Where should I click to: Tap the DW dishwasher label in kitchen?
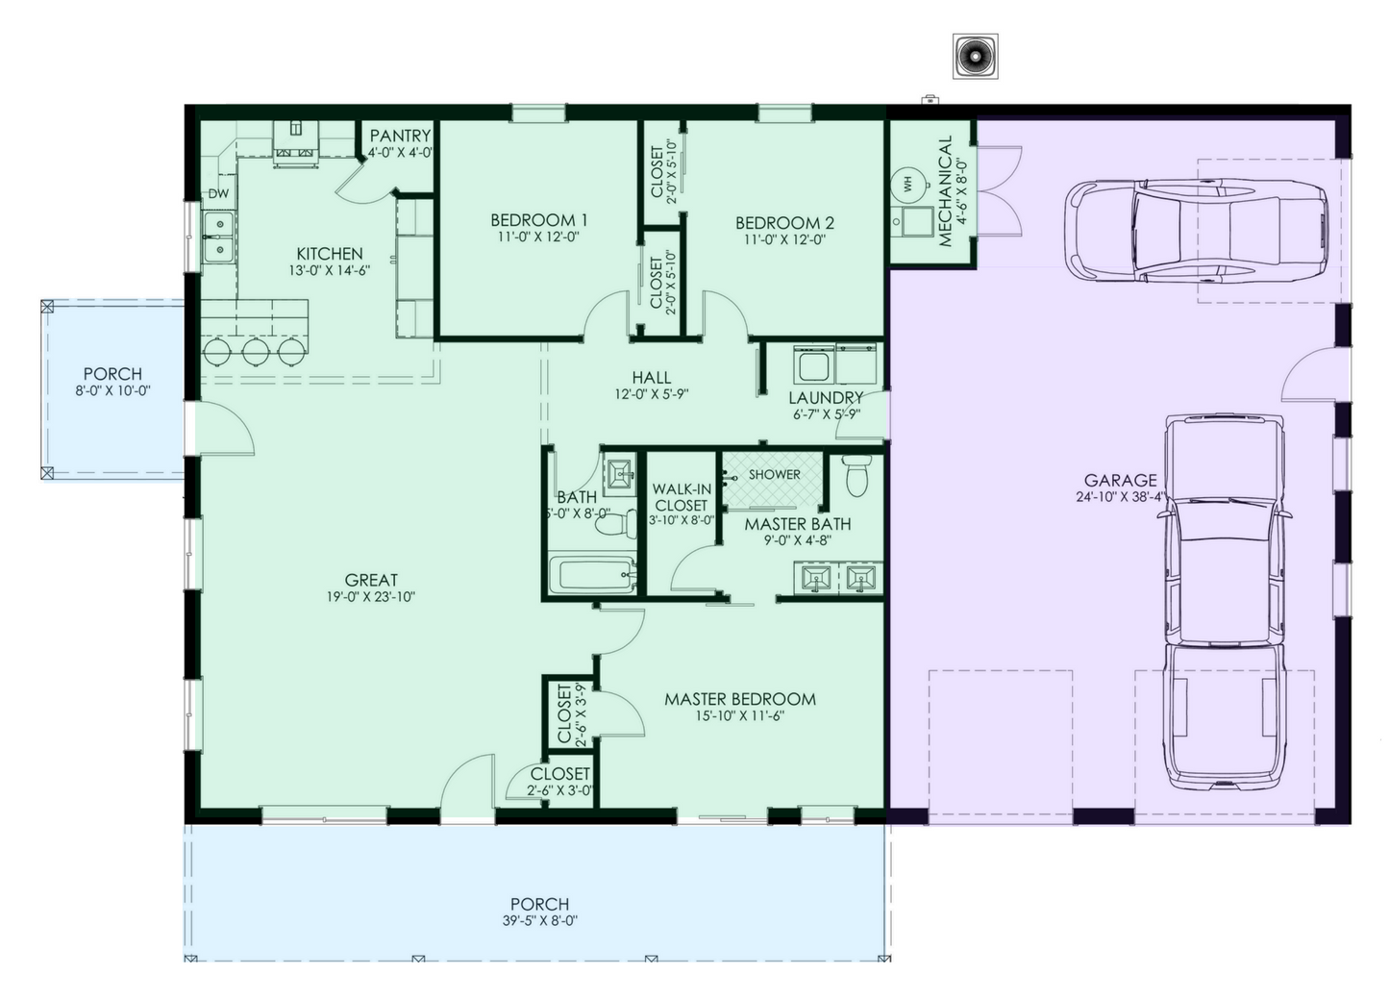[219, 194]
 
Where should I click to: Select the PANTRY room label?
[400, 136]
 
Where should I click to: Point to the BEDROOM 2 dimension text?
[783, 239]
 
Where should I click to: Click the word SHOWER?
[775, 474]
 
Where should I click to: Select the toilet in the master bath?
[856, 474]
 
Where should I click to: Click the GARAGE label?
[1120, 481]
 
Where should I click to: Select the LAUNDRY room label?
[826, 397]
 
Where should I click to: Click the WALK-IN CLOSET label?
[682, 497]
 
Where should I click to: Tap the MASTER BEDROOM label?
[739, 699]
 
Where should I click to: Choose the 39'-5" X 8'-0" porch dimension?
[538, 921]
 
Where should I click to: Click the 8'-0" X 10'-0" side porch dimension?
[112, 390]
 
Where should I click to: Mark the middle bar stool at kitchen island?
[256, 351]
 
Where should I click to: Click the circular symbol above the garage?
[975, 57]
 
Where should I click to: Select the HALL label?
[651, 378]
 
